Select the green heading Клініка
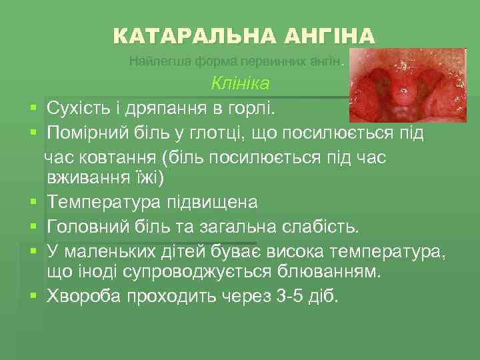coord(240,83)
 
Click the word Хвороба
coord(79,296)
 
